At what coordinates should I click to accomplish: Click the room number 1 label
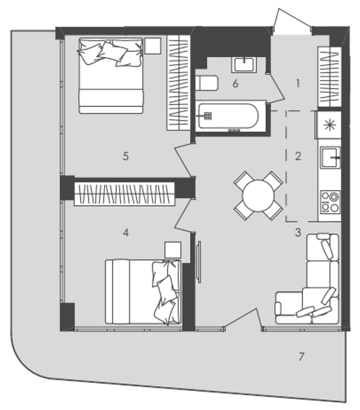click(297, 84)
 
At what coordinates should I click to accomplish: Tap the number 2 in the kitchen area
click(298, 156)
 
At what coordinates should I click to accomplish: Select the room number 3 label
click(298, 232)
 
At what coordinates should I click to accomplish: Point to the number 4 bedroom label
click(126, 232)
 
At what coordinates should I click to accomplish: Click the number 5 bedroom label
click(126, 156)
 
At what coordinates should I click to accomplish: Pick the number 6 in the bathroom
click(235, 84)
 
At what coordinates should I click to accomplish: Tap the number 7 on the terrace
click(301, 356)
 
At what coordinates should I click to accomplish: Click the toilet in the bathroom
click(206, 83)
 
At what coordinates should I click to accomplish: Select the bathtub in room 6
click(228, 116)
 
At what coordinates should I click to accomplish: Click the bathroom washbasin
click(244, 65)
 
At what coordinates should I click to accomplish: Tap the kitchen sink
click(331, 158)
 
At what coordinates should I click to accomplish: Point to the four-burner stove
click(331, 202)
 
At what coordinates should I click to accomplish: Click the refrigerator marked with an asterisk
click(329, 125)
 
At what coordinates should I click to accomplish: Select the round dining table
click(258, 195)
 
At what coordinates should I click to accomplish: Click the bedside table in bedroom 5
click(152, 45)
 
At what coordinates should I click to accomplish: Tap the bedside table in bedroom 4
click(173, 250)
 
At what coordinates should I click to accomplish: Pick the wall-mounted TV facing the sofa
click(199, 262)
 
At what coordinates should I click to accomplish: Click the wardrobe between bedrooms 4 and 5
click(124, 193)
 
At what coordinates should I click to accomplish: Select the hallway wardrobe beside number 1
click(329, 77)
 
